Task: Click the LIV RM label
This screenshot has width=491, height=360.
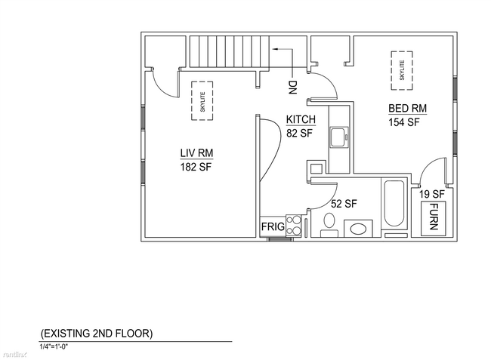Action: coord(196,153)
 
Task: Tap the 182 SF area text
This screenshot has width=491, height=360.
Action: coord(196,167)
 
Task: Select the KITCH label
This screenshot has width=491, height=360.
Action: coord(301,119)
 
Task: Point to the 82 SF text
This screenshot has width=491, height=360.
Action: coord(299,133)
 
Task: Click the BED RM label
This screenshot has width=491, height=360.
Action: coord(407,108)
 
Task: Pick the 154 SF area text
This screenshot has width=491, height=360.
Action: coord(403,122)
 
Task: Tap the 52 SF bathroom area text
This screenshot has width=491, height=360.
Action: coord(344,204)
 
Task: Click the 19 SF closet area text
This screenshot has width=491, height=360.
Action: coord(432,194)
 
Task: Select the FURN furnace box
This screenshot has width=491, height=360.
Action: coord(434,219)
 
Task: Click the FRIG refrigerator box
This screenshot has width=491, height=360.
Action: coord(273,226)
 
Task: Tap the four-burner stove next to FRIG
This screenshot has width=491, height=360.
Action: coord(293,226)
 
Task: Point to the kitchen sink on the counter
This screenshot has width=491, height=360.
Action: coord(339,137)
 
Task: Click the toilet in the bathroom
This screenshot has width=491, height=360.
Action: coord(329,225)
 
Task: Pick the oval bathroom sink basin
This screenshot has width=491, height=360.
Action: coord(358,229)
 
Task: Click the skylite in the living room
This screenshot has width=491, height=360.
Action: coord(202,100)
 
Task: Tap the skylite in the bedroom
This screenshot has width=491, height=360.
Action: coord(402,71)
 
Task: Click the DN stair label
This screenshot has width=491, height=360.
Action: coord(292,88)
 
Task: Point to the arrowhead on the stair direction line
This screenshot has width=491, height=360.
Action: coord(275,49)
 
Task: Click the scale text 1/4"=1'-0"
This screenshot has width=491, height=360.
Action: coord(54,346)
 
